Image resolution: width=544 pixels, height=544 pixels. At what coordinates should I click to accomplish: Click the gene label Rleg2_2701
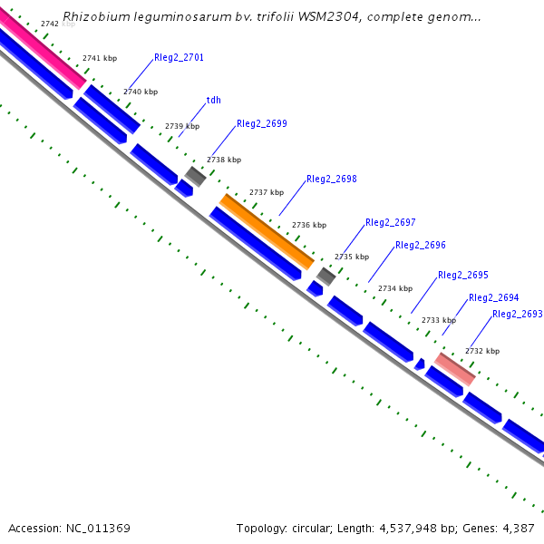click(x=179, y=57)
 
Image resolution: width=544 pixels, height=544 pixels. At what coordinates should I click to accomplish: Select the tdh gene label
click(x=214, y=100)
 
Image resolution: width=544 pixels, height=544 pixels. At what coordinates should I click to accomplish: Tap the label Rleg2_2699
click(x=262, y=123)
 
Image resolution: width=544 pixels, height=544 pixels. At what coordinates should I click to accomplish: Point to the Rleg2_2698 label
click(x=332, y=180)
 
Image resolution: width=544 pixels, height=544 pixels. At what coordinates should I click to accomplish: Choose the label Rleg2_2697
click(x=391, y=222)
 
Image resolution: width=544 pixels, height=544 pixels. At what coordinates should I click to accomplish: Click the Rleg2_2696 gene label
click(x=421, y=245)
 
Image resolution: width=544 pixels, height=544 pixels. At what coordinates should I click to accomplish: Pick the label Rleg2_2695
click(x=463, y=275)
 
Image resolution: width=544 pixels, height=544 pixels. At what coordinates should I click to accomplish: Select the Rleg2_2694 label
click(x=494, y=297)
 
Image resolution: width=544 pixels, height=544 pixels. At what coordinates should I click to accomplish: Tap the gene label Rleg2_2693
click(x=518, y=314)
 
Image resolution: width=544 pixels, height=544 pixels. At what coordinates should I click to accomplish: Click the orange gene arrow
click(x=267, y=231)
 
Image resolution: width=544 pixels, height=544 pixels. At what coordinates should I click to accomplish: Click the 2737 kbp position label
click(x=267, y=192)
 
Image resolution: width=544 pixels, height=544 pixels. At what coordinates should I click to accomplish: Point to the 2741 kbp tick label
click(x=100, y=58)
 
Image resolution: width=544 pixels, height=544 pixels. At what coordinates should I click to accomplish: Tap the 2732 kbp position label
click(x=482, y=351)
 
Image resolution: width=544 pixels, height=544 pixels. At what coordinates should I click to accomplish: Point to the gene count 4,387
click(x=519, y=528)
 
